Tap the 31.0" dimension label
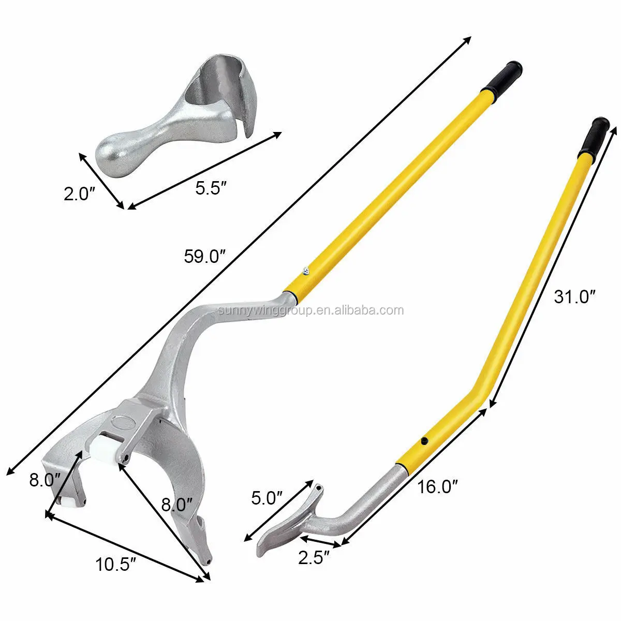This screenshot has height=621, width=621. (x=574, y=297)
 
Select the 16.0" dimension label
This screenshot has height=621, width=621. (x=437, y=487)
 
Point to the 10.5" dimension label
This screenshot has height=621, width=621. (x=114, y=564)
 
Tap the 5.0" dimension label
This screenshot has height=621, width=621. (x=267, y=498)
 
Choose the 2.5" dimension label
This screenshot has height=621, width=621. (x=314, y=558)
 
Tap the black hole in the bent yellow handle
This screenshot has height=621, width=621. (x=424, y=440)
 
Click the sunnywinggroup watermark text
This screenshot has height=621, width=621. (x=310, y=310)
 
